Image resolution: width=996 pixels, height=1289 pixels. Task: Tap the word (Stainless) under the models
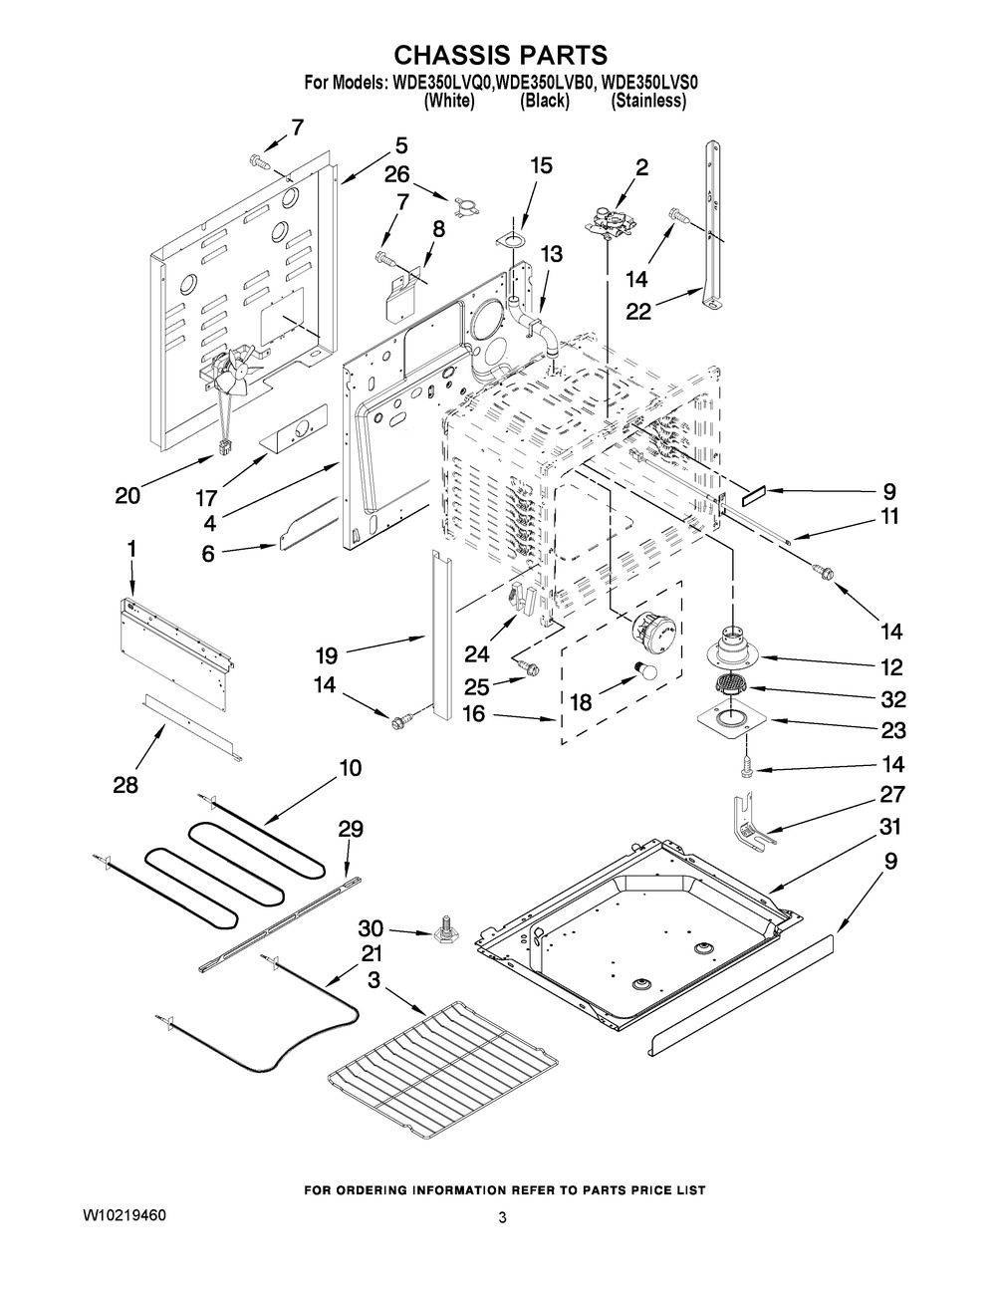(x=648, y=101)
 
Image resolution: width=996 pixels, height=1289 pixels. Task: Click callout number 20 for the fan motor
(x=127, y=495)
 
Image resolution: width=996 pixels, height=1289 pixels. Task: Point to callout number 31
(x=889, y=826)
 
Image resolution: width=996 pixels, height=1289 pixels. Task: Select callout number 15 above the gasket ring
(x=541, y=165)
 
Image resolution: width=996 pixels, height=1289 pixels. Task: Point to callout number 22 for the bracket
(x=638, y=311)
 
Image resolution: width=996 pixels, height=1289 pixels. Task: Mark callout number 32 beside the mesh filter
(x=890, y=699)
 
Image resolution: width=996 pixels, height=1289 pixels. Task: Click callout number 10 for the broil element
(x=350, y=768)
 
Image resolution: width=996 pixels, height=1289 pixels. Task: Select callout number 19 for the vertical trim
(x=327, y=655)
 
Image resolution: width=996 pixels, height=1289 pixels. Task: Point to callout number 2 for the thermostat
(x=641, y=167)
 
